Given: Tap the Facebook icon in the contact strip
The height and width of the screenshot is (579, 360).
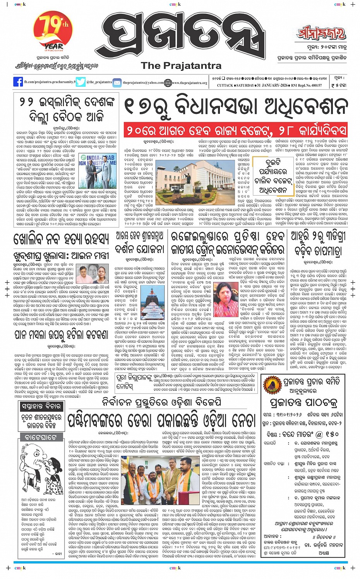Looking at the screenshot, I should pyautogui.click(x=18, y=82).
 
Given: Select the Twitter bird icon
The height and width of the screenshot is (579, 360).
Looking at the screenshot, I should pyautogui.click(x=81, y=82).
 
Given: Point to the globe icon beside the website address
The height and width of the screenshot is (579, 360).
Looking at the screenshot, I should pyautogui.click(x=168, y=82).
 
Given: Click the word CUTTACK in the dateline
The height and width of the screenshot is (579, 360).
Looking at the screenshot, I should pyautogui.click(x=225, y=85).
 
